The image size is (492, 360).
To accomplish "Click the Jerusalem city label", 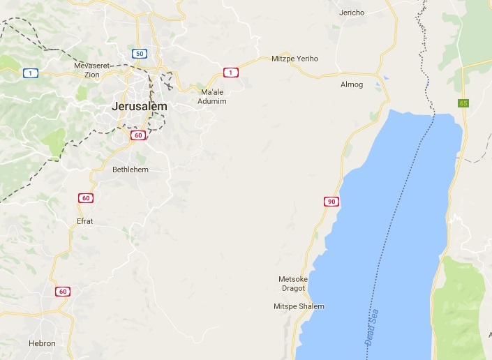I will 140,106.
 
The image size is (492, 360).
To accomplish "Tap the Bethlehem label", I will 130,170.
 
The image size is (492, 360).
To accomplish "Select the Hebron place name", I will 42,343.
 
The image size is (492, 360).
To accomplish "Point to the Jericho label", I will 352,13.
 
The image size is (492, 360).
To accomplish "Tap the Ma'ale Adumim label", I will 214,96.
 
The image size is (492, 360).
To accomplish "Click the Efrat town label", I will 84,221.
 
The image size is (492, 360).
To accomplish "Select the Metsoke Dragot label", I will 293,283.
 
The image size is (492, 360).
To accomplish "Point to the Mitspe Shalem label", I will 299,306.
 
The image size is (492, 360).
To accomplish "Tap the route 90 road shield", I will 331,202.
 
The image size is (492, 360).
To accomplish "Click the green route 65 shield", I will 463,103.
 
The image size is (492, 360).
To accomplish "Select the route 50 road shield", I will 140,54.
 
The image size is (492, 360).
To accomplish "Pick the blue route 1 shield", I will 30,73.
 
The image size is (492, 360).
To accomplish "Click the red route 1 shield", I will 230,72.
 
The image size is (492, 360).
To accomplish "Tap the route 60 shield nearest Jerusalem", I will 138,135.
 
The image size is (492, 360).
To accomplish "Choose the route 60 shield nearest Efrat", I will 85,198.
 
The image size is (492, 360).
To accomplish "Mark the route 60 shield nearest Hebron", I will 63,292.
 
